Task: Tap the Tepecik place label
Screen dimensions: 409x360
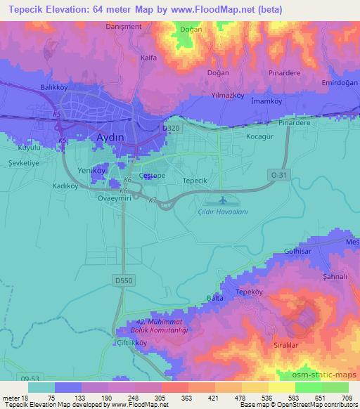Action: coord(194,181)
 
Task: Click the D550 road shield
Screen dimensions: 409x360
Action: coord(123,281)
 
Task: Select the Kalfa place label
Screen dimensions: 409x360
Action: coord(148,58)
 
